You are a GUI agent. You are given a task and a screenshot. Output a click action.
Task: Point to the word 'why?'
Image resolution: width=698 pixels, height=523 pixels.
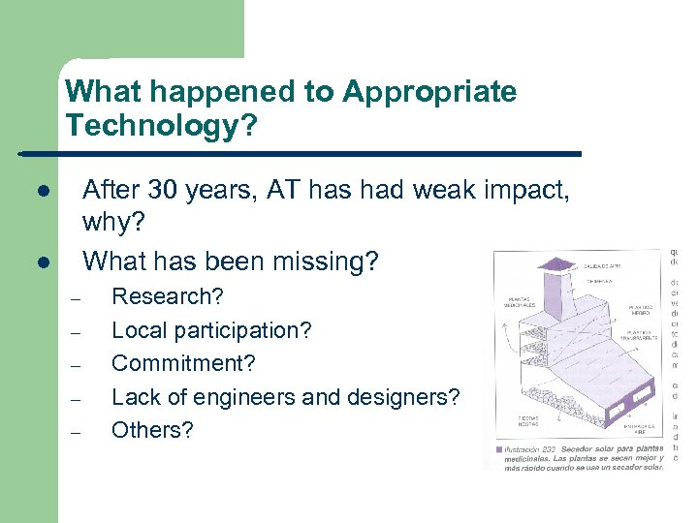point(113,224)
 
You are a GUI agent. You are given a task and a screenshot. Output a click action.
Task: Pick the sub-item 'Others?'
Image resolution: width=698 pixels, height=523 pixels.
point(152,430)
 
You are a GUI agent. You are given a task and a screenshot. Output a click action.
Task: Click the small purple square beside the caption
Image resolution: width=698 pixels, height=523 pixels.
point(498,449)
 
